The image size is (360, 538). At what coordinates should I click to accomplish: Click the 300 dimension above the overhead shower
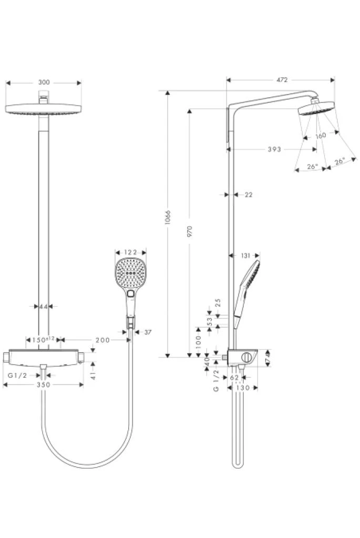[44, 82]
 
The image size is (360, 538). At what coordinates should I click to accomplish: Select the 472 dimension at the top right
[282, 80]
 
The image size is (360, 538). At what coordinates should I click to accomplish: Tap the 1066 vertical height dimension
[168, 217]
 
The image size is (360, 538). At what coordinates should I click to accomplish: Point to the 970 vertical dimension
[190, 232]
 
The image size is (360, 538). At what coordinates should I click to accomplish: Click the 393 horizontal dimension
[274, 149]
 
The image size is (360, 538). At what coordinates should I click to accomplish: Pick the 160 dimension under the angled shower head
[320, 136]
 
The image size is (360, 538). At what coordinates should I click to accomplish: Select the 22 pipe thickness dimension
[249, 195]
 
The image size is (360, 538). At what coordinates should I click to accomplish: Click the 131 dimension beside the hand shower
[246, 256]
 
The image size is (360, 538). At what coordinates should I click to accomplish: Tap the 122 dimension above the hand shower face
[130, 253]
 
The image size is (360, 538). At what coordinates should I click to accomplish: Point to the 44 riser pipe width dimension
[43, 307]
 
